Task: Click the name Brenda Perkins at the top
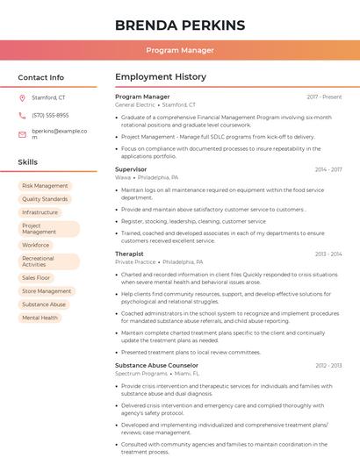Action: click(179, 25)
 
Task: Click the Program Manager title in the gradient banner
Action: click(179, 50)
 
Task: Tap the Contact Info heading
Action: click(40, 77)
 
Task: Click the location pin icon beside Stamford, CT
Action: click(22, 98)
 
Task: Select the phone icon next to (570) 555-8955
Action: click(22, 116)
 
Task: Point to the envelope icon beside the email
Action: click(22, 134)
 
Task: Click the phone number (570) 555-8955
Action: click(50, 116)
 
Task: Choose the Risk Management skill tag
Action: click(45, 186)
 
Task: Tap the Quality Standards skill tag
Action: click(45, 199)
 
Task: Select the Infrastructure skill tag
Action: click(40, 212)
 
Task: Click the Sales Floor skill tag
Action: click(36, 278)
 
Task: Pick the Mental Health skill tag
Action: click(40, 318)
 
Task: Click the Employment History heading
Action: click(161, 77)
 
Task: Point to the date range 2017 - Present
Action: click(324, 97)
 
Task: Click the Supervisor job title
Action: click(131, 169)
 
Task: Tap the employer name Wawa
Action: click(123, 177)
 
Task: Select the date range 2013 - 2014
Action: click(328, 254)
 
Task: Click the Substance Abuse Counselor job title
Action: click(156, 365)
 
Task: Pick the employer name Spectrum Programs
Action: click(140, 373)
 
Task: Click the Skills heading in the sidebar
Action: click(28, 162)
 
